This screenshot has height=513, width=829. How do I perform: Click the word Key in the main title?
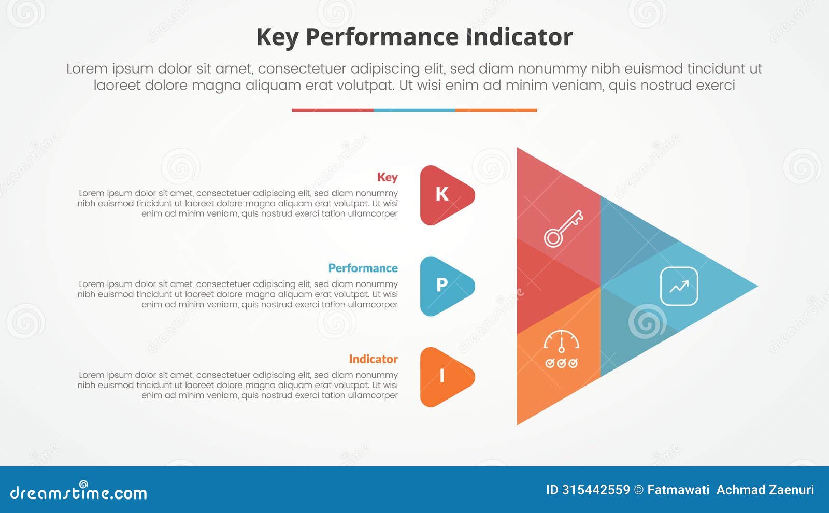[x=277, y=37]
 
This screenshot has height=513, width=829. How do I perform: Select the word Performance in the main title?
[x=381, y=37]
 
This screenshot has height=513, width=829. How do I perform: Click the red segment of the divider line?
[x=333, y=110]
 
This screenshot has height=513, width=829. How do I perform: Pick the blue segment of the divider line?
[x=414, y=110]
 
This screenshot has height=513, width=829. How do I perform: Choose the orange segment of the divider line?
[x=496, y=110]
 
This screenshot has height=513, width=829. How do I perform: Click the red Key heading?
[x=387, y=177]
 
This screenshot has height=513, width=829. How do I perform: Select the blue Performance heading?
[x=363, y=268]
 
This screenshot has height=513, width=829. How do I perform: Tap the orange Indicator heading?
[x=373, y=359]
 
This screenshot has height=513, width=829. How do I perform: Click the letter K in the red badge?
[x=442, y=194]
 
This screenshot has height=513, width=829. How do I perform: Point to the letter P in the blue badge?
[x=442, y=285]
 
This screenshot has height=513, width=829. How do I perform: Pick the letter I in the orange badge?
[x=442, y=376]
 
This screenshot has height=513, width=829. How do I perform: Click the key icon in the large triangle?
[x=563, y=229]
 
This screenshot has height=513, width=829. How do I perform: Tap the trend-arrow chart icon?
[x=679, y=286]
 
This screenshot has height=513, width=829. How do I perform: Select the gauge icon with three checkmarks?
[x=562, y=349]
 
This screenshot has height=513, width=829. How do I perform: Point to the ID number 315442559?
[x=596, y=490]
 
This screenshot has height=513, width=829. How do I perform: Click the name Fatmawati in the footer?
[x=678, y=490]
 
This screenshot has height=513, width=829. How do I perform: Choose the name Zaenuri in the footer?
[x=790, y=490]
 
